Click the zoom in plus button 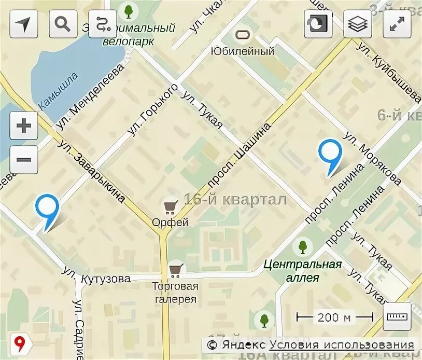tap(24, 126)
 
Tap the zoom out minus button tap(24, 158)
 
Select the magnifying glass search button tap(63, 24)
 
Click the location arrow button tap(24, 24)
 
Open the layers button tap(357, 24)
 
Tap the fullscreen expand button tap(397, 24)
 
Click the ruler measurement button tap(397, 316)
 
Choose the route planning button tap(103, 24)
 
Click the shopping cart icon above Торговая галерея tap(176, 269)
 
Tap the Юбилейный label tap(242, 51)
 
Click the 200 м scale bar tap(334, 317)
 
